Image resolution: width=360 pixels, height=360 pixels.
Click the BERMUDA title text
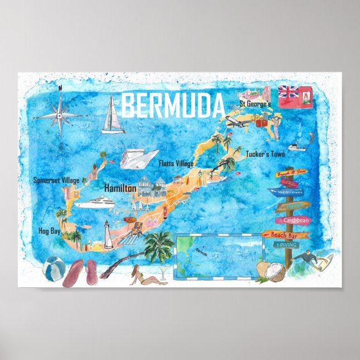(x=173, y=106)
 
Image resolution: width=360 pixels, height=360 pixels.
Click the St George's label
(x=255, y=104)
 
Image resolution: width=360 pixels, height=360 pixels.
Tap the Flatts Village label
(x=176, y=163)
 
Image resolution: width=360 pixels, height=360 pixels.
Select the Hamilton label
(x=120, y=188)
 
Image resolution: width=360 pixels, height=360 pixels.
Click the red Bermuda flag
(x=296, y=97)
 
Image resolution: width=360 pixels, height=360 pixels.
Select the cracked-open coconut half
(x=274, y=273)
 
